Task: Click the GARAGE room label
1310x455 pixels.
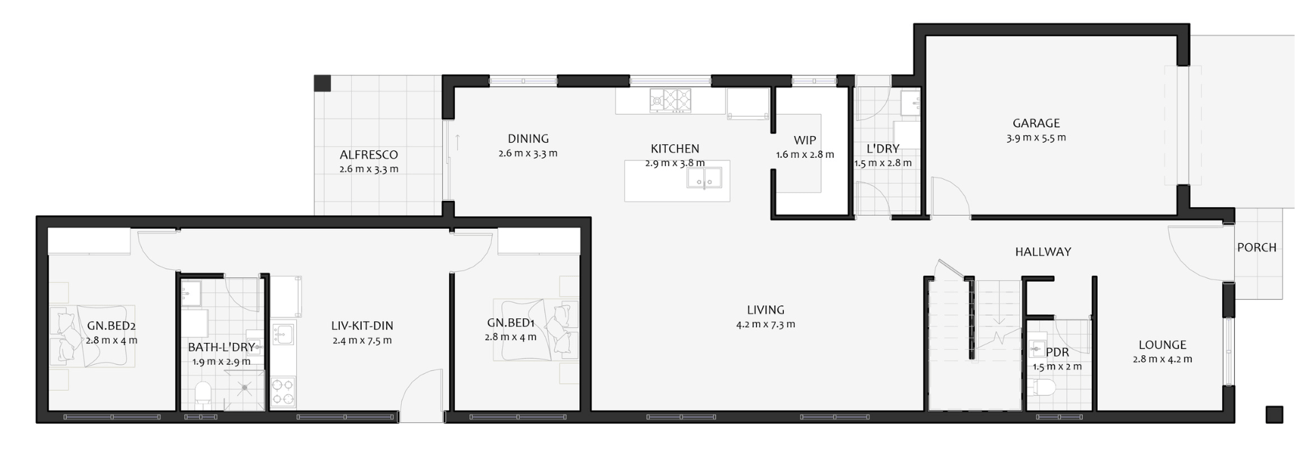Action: point(1036,123)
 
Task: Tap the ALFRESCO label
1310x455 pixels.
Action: point(368,155)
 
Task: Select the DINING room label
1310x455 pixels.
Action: point(528,139)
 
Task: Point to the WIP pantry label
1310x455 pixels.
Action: point(805,141)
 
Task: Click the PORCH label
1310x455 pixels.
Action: point(1257,247)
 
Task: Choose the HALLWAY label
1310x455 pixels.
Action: point(1043,252)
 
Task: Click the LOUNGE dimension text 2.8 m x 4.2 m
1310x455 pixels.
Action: point(1163,359)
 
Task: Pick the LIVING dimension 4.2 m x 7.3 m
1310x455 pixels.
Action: point(766,325)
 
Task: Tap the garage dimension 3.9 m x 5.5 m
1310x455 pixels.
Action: point(1036,137)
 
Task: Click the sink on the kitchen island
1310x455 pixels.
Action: point(704,179)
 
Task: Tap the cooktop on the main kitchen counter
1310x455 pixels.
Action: point(671,100)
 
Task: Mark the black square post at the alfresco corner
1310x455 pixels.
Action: point(322,83)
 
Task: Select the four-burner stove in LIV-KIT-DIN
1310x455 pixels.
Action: point(284,392)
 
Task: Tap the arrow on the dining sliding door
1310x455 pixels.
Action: point(457,142)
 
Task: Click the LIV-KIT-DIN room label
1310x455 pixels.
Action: point(362,326)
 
